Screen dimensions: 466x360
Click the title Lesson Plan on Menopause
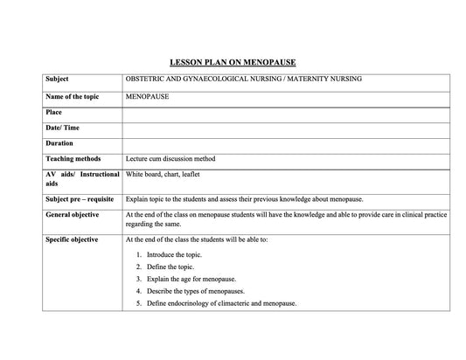click(x=233, y=62)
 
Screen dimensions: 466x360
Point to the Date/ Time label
click(x=64, y=128)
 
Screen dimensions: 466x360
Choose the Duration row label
click(x=59, y=143)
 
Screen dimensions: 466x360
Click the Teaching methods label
click(x=73, y=159)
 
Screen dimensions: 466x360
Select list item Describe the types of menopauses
click(x=196, y=291)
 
